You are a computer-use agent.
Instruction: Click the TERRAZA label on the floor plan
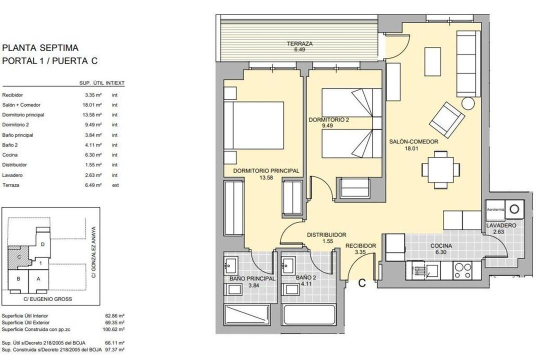click(x=299, y=44)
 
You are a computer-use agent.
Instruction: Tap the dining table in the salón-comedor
click(x=441, y=170)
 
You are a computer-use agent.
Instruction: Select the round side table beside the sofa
click(x=468, y=103)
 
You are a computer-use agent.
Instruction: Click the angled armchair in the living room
click(x=446, y=119)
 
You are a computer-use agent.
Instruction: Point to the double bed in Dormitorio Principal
click(x=254, y=125)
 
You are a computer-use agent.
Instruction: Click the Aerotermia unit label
click(x=495, y=209)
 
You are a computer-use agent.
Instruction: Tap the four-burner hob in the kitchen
click(x=463, y=270)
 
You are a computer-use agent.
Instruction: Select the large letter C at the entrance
click(x=362, y=283)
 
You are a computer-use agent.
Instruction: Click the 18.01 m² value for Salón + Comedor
click(x=93, y=104)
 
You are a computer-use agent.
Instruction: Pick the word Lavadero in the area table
click(x=12, y=175)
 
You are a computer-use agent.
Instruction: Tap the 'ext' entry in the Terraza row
click(x=115, y=185)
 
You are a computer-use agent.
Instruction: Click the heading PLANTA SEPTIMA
click(x=40, y=47)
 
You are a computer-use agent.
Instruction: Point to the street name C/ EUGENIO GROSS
click(x=48, y=299)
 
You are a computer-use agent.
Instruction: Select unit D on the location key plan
click(x=42, y=244)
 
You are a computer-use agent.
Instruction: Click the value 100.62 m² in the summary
click(x=114, y=329)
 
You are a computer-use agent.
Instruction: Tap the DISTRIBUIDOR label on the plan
click(x=326, y=235)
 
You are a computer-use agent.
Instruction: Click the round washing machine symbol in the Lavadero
click(x=514, y=209)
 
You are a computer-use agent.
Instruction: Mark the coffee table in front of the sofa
click(x=433, y=61)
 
